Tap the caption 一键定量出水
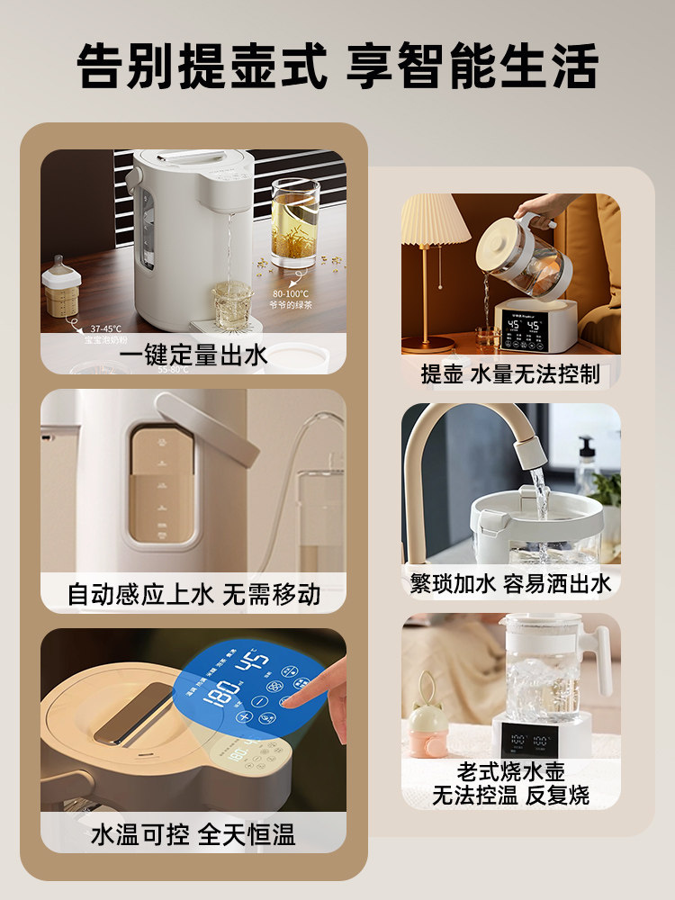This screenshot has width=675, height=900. (193, 355)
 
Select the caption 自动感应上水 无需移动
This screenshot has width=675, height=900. (193, 595)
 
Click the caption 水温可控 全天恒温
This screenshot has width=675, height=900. (193, 834)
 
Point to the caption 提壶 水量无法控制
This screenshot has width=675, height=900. (510, 373)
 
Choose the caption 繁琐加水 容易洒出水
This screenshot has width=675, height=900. (510, 583)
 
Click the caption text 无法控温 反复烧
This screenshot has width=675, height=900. (510, 795)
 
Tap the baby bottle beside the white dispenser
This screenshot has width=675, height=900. (61, 288)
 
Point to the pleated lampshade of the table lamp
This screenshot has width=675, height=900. (434, 220)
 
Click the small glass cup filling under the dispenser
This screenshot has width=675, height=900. (231, 300)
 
